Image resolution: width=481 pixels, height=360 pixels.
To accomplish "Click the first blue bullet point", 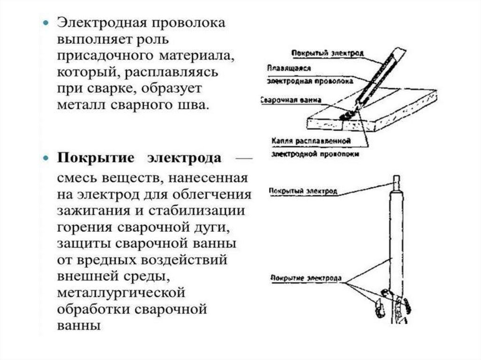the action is click(x=46, y=23).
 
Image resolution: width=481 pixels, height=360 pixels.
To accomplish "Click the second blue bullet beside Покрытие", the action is click(x=46, y=158).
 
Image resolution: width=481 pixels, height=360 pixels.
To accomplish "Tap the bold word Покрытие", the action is click(x=96, y=158).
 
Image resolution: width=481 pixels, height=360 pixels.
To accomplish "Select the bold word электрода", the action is click(x=184, y=159).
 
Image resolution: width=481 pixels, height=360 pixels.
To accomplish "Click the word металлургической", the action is click(x=121, y=293).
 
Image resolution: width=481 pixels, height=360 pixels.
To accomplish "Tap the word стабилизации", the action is click(x=197, y=211).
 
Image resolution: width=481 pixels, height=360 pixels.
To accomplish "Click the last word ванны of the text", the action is click(x=79, y=326).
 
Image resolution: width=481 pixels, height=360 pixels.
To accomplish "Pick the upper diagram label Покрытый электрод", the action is click(x=327, y=54).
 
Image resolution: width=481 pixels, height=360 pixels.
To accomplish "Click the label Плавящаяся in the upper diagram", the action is click(x=289, y=68).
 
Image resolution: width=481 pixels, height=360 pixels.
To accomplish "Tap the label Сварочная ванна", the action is click(x=291, y=100).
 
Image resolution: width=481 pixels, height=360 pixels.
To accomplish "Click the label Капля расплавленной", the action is click(x=311, y=141).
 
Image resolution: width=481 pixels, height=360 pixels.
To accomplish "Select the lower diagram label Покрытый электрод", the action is click(x=303, y=191).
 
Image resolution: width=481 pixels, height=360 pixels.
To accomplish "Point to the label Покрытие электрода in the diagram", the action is click(x=306, y=278).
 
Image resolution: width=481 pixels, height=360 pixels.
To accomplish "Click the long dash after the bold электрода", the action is click(x=244, y=159).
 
